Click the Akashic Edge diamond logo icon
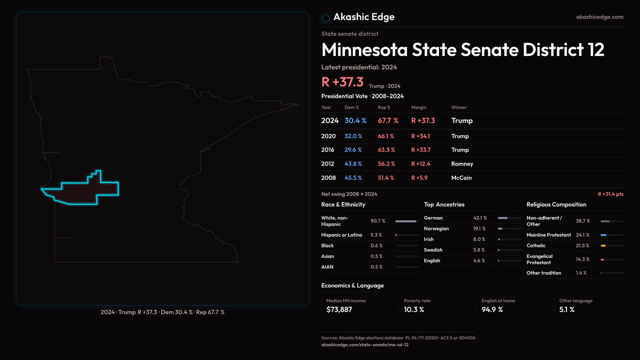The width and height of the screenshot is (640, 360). click(x=326, y=18)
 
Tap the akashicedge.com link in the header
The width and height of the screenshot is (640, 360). click(x=599, y=17)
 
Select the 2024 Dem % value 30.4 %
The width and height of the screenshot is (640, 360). click(x=355, y=121)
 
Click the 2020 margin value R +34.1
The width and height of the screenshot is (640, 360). click(x=420, y=136)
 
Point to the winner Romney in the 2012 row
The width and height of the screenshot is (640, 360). click(x=462, y=164)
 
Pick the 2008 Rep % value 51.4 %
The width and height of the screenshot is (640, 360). click(x=386, y=178)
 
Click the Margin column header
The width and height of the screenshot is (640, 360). click(x=419, y=107)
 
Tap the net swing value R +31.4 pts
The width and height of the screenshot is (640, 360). click(x=610, y=194)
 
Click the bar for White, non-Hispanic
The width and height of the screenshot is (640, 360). click(x=406, y=221)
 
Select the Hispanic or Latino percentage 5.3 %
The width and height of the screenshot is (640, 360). click(x=376, y=235)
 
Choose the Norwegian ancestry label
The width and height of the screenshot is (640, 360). click(x=436, y=229)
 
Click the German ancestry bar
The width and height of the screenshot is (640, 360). click(x=503, y=218)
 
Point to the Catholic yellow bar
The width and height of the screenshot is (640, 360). click(x=603, y=246)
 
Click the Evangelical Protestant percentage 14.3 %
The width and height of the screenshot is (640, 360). click(x=582, y=259)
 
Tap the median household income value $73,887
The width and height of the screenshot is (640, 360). click(x=339, y=310)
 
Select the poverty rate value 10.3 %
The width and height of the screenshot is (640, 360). click(x=414, y=310)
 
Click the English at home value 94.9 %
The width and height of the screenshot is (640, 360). click(x=492, y=310)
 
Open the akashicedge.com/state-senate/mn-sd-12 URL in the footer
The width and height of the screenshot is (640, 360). click(x=365, y=345)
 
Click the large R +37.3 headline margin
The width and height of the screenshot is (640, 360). click(x=342, y=82)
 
